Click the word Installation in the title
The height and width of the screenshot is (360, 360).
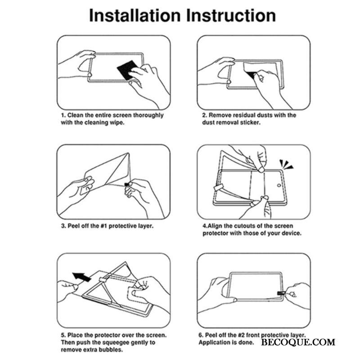point(135,16)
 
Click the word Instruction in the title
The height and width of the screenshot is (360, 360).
point(231,16)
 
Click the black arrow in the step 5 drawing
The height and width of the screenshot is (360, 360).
point(81,277)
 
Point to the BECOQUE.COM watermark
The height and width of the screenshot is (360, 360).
point(298,342)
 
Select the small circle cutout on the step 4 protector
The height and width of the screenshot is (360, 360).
point(279,185)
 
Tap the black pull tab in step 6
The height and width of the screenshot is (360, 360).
point(281,293)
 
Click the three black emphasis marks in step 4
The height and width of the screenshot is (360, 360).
point(286,164)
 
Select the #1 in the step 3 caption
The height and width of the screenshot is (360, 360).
point(104,226)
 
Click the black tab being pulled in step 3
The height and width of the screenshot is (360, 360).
point(126,184)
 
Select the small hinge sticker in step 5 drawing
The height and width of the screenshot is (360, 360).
point(104,279)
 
